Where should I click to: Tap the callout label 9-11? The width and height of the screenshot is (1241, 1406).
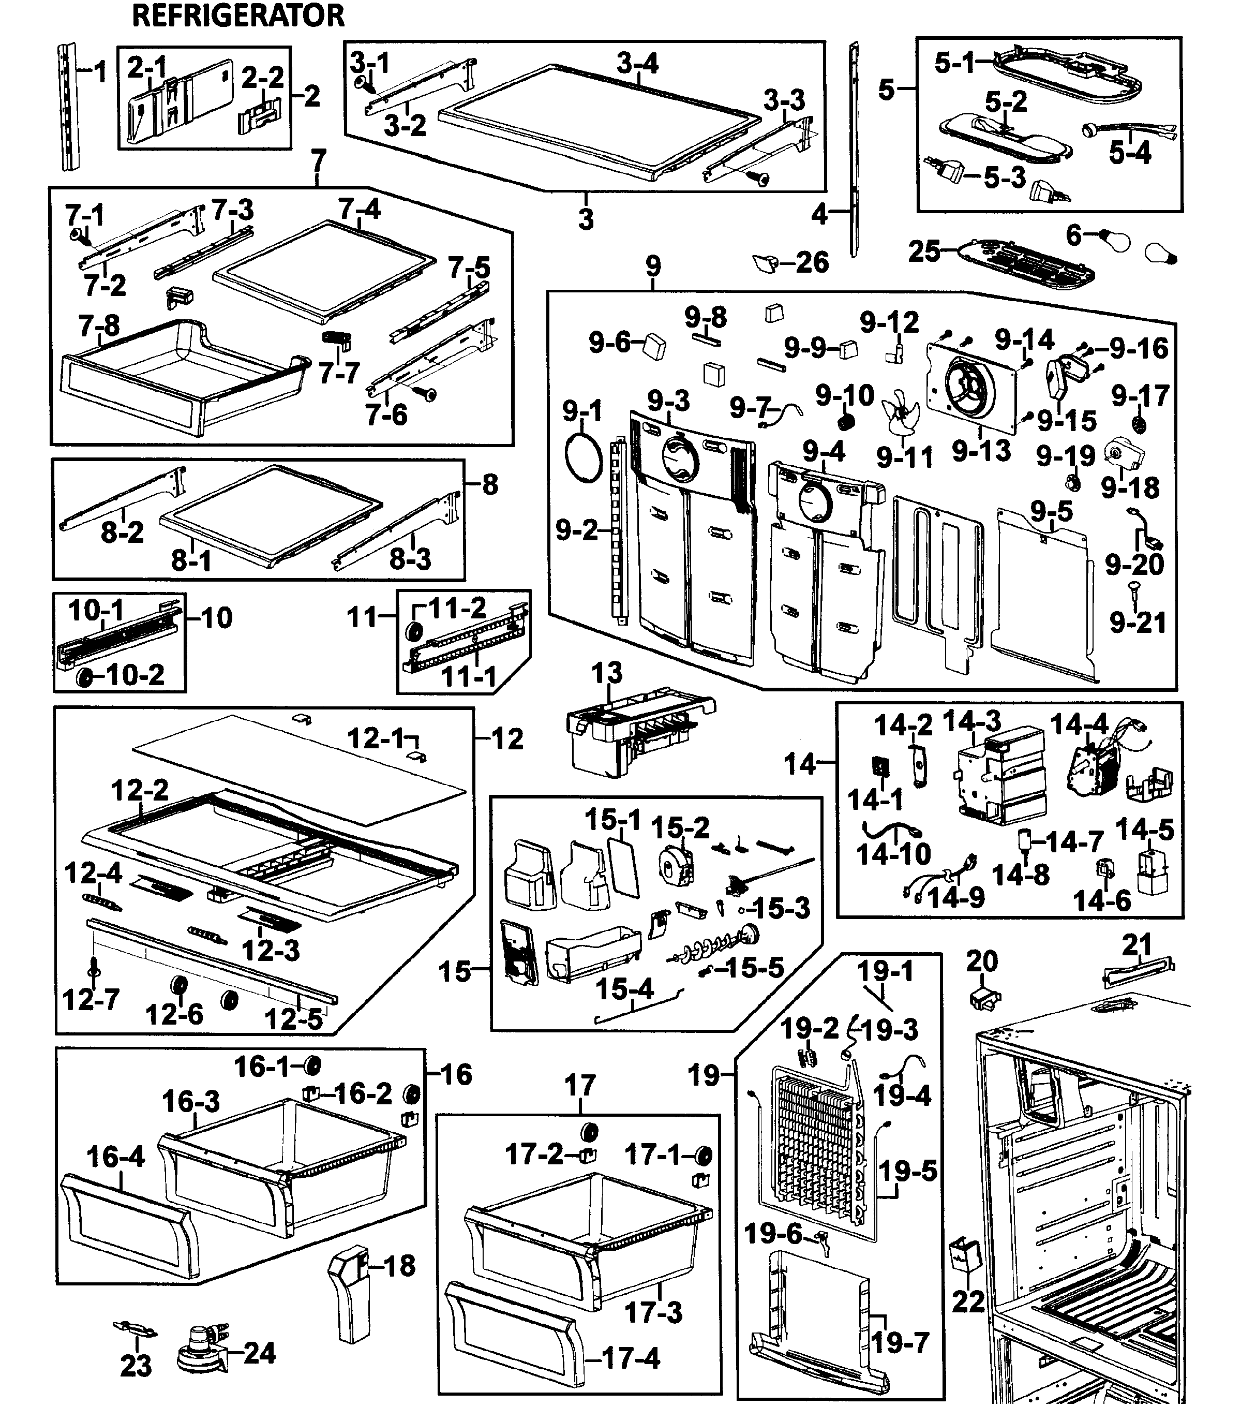point(904,457)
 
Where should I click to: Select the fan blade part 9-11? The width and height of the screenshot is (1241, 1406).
point(899,411)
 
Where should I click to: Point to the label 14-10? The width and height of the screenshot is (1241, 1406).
point(893,854)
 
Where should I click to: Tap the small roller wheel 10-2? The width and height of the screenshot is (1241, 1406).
point(85,677)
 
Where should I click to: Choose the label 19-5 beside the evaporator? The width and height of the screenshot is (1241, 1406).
point(907,1170)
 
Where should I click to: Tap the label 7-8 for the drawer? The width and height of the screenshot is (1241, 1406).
point(99,325)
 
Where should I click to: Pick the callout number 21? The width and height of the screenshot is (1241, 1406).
point(1136,944)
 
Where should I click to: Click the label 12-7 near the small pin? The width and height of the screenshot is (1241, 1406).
point(91,999)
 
